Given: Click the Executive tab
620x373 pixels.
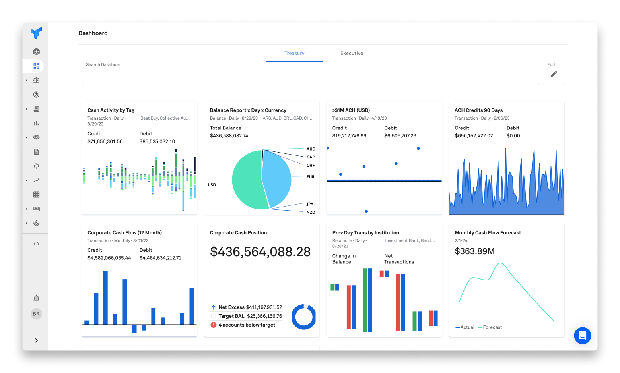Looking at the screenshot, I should pyautogui.click(x=352, y=53).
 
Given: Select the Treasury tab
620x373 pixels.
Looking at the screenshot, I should pyautogui.click(x=294, y=53).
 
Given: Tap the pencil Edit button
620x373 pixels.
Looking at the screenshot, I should pyautogui.click(x=554, y=74).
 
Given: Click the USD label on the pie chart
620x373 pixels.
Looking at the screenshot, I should pyautogui.click(x=212, y=185).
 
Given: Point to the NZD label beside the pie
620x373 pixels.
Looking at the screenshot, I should pyautogui.click(x=311, y=212).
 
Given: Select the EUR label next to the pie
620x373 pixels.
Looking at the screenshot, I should pyautogui.click(x=311, y=177).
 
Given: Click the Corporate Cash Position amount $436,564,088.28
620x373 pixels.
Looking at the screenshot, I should pyautogui.click(x=260, y=252).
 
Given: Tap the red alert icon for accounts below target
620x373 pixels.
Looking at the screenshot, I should pyautogui.click(x=214, y=325).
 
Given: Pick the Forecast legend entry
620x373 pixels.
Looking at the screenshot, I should pyautogui.click(x=492, y=327).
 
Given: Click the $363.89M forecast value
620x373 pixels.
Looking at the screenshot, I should pyautogui.click(x=474, y=251).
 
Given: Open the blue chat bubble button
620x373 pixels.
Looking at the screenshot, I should pyautogui.click(x=582, y=336).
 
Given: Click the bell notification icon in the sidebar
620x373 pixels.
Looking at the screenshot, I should pyautogui.click(x=36, y=298).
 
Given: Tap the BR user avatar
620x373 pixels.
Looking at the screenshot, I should pyautogui.click(x=36, y=314).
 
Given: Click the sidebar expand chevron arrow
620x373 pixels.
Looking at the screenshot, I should pyautogui.click(x=36, y=340).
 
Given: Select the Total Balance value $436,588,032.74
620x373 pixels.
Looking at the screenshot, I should pyautogui.click(x=229, y=136).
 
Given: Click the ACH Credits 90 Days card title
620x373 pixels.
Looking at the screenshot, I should pyautogui.click(x=478, y=110).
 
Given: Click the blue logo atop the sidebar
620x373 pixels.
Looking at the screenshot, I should pyautogui.click(x=36, y=33).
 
